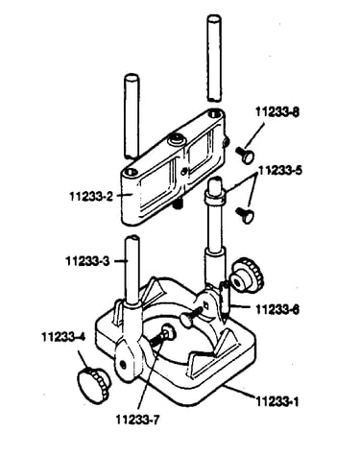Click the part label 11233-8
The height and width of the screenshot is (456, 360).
tap(277, 112)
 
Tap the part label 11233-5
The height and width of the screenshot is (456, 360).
tap(280, 170)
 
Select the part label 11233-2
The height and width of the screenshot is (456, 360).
tap(91, 196)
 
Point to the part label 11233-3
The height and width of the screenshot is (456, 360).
tap(87, 261)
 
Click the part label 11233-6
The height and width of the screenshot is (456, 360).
tap(277, 309)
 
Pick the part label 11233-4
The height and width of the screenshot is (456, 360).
tap(63, 337)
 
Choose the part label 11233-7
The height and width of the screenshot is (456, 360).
tap(137, 420)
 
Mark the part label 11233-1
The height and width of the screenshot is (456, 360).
tap(277, 401)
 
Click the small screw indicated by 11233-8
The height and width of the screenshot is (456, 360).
tap(246, 155)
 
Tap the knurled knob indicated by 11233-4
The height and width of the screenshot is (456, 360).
tap(94, 384)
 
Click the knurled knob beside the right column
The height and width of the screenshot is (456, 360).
tap(247, 275)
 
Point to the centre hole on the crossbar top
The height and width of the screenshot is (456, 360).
tap(177, 139)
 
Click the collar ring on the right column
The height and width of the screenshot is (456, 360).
tap(214, 197)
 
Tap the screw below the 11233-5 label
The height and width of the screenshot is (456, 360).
tap(245, 215)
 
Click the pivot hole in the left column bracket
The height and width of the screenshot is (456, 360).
tap(122, 364)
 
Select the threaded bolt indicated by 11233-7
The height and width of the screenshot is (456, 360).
tap(163, 336)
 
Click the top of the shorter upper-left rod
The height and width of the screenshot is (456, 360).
tap(132, 79)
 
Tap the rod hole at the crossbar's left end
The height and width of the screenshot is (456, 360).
tap(132, 172)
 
